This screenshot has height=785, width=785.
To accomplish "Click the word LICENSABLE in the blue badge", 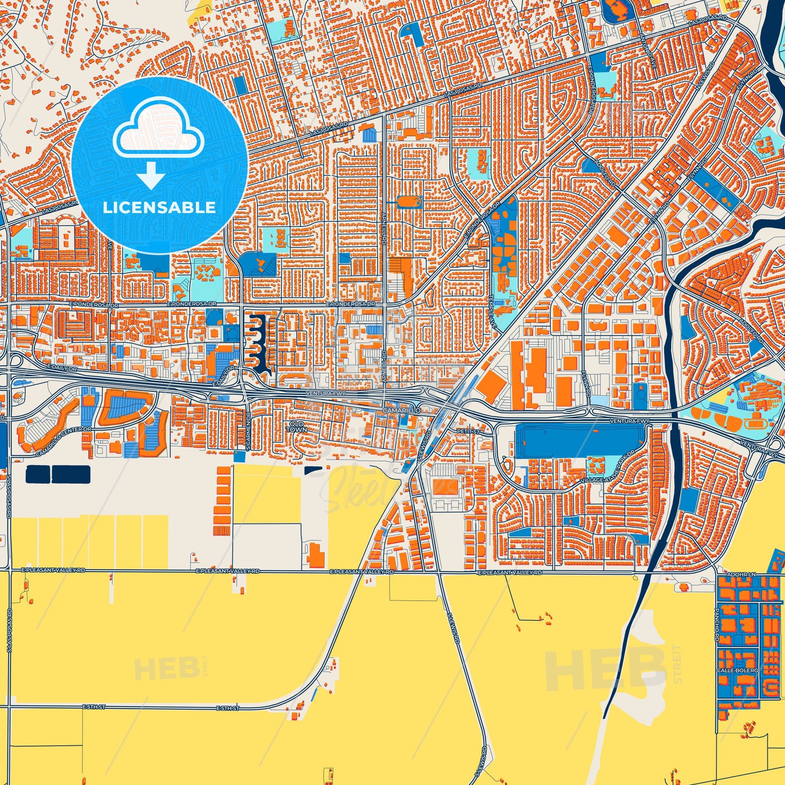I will [159, 208].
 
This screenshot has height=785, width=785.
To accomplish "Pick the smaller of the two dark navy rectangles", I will [38, 474].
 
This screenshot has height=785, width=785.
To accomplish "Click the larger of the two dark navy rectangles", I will [71, 474].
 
